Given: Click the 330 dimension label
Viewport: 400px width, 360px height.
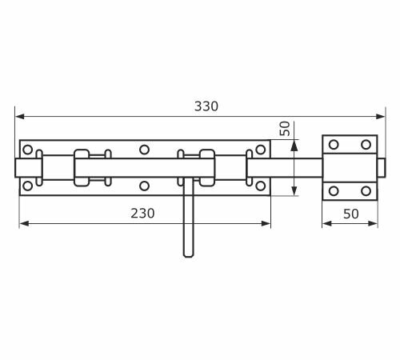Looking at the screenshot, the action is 206,106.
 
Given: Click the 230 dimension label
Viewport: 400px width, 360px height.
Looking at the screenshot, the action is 142,214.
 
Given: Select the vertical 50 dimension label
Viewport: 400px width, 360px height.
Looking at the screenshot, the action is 285,129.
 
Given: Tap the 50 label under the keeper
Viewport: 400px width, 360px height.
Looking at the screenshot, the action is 351,214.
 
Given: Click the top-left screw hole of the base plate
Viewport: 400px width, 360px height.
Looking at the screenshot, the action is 28,150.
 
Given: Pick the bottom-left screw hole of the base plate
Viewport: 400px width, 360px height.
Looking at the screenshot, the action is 28,186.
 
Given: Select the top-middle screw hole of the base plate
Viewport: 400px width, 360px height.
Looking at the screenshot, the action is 144,150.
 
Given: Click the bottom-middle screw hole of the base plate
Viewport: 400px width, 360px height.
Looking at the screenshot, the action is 144,186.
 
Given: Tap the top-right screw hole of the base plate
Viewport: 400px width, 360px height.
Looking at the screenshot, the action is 261,150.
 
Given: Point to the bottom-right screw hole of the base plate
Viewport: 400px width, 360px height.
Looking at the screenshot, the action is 261,186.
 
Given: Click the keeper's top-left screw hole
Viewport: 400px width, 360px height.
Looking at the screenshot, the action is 334,145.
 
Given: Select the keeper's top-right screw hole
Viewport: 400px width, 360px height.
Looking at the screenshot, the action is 366,145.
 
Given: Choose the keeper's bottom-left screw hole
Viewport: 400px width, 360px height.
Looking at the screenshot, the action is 334,191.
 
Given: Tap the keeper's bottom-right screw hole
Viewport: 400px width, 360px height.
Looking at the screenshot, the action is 366,191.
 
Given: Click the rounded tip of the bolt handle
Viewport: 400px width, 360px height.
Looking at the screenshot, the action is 189,255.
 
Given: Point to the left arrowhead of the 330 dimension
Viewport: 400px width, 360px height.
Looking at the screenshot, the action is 20,117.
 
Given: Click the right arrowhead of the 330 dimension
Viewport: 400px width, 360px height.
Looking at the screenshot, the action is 380,117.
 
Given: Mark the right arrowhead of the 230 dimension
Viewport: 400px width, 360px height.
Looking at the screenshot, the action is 266,223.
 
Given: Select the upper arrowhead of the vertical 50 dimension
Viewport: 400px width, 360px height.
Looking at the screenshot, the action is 294,145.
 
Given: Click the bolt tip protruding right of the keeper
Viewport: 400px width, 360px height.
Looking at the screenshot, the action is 382,168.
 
